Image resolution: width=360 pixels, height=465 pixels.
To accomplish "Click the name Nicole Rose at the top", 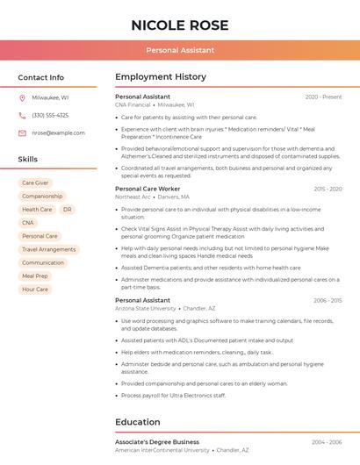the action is [179, 25].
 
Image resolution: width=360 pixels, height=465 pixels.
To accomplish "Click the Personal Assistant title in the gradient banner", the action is [179, 50].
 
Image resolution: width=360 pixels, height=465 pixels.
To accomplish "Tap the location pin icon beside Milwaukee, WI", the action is [22, 98].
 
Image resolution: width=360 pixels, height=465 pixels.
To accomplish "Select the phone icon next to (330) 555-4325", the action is [22, 115].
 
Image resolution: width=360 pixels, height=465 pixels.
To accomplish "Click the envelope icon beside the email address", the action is [22, 132].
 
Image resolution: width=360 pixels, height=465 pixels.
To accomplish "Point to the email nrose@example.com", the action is [58, 132].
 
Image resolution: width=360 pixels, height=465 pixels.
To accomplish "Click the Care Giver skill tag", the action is [35, 182].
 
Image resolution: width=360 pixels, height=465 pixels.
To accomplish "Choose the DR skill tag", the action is [68, 210].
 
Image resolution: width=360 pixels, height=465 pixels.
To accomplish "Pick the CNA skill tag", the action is [28, 223].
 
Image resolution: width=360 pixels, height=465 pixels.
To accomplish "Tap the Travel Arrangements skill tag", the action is [48, 249].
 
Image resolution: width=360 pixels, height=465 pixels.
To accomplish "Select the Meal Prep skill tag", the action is [35, 275].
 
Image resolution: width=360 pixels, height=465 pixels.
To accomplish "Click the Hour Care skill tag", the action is [35, 289].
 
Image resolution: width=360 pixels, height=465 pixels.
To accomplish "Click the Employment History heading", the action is [160, 77].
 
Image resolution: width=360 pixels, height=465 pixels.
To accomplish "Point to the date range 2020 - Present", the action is [323, 97].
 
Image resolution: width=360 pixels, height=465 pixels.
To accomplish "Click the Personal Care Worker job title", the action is [148, 189].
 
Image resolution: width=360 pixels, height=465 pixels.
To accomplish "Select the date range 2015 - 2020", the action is [326, 189].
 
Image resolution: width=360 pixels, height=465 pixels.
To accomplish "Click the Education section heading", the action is [137, 421].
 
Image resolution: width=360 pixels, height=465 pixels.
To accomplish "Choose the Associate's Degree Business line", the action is [157, 442].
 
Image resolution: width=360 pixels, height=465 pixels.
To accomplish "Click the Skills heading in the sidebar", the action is [27, 159].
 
